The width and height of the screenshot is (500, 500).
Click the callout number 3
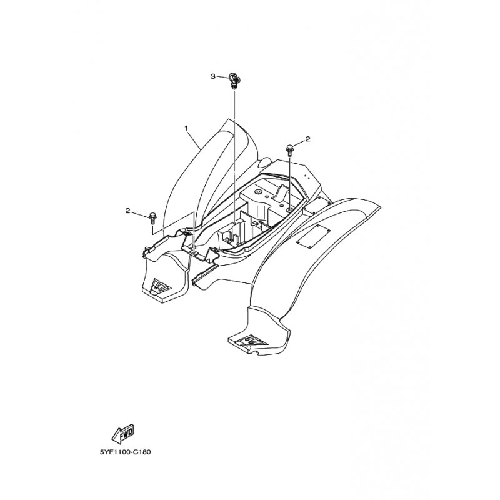click(x=213, y=76)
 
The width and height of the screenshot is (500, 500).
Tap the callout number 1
click(x=186, y=128)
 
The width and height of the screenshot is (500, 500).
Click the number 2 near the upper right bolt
click(x=307, y=139)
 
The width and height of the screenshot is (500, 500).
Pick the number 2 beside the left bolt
click(x=127, y=211)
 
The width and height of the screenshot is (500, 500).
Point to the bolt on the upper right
click(x=290, y=151)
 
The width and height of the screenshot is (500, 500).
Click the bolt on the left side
click(x=152, y=218)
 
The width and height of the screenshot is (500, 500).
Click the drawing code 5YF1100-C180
click(x=126, y=452)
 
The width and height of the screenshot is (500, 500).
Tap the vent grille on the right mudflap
click(x=254, y=341)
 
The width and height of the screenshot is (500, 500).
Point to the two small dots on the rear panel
click(x=307, y=176)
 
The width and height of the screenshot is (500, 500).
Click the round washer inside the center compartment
click(x=257, y=192)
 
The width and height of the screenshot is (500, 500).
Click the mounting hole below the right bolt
click(x=289, y=209)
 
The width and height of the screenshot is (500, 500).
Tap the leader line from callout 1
click(x=194, y=140)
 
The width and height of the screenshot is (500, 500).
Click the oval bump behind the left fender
click(x=264, y=163)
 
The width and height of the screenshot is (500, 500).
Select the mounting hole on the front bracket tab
click(x=194, y=244)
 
